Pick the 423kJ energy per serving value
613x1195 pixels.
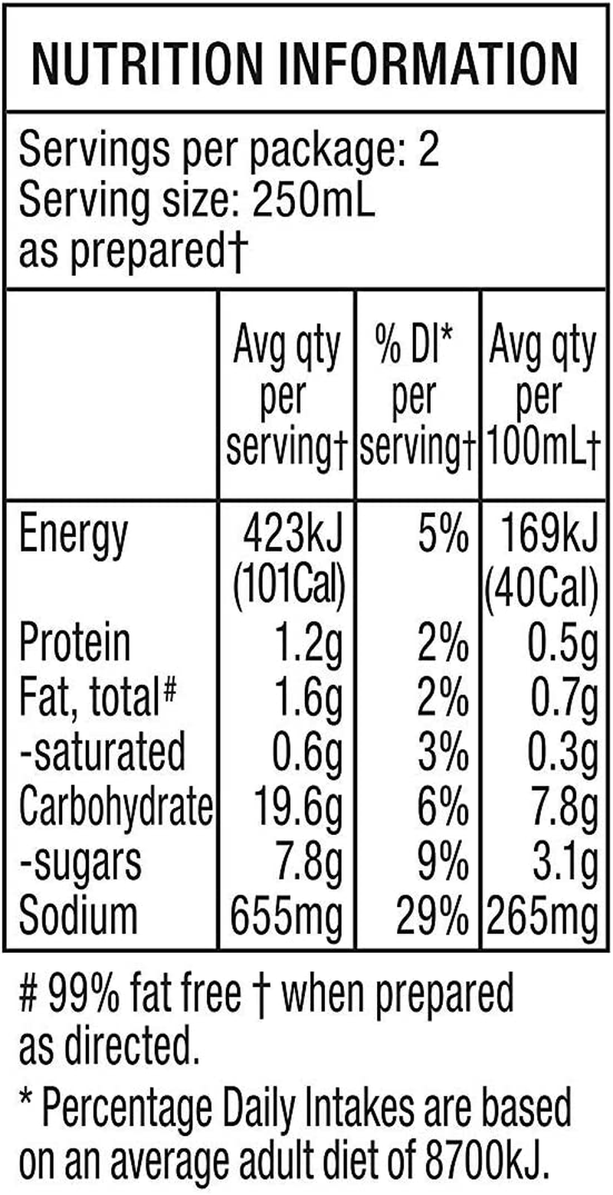coord(289,535)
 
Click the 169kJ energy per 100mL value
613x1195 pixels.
coord(542,535)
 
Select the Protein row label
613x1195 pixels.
coord(74,643)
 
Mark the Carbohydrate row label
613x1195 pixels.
coord(115,806)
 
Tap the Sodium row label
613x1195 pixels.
coord(79,914)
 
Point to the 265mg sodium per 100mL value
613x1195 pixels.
coord(539,914)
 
